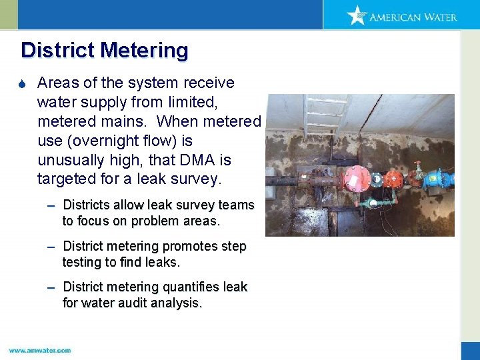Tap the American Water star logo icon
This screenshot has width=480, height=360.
click(x=357, y=15)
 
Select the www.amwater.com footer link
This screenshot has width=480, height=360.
click(x=40, y=350)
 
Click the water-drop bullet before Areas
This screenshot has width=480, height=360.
click(x=24, y=83)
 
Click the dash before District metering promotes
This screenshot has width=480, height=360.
click(x=51, y=247)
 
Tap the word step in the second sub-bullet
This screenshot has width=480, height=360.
click(x=233, y=247)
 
